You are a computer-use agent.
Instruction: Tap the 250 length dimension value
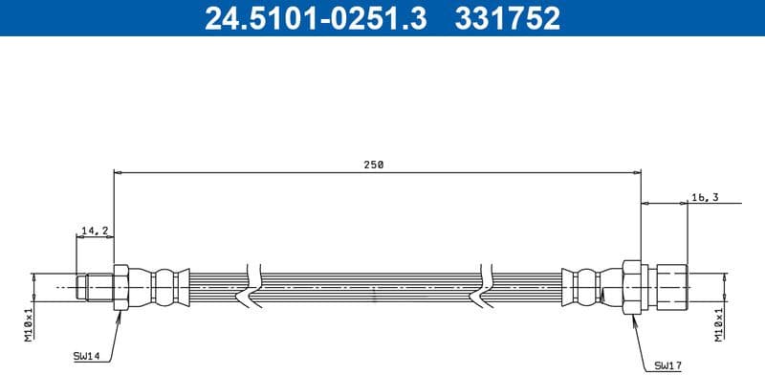373,165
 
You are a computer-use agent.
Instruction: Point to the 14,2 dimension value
95,231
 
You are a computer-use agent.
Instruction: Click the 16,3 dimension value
704,197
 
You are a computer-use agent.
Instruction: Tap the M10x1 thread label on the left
30,323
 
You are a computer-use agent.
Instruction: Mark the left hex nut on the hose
120,286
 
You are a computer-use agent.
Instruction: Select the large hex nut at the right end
631,285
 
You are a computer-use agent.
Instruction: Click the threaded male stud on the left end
96,285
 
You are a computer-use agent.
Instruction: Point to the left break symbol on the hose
252,285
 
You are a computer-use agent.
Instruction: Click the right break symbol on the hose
488,285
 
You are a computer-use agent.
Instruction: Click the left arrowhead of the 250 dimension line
118,173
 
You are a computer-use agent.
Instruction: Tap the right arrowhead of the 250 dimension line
637,173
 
